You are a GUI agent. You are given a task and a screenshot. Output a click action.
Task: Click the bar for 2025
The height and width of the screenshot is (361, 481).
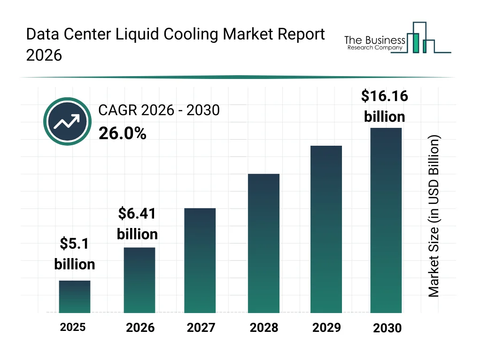click(x=75, y=297)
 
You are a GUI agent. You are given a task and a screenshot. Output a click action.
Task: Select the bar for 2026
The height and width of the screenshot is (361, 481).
click(x=140, y=280)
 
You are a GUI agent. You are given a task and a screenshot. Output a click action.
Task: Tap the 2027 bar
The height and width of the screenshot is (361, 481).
click(x=200, y=260)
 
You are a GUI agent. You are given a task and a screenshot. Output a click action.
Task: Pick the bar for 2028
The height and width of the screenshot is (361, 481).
click(x=264, y=243)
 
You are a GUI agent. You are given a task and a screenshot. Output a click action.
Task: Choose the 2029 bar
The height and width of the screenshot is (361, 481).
click(x=326, y=229)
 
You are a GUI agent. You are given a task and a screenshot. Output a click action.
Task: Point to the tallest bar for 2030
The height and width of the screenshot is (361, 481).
click(x=386, y=220)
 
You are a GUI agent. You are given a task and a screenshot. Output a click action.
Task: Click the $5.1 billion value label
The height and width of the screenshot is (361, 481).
click(x=75, y=254)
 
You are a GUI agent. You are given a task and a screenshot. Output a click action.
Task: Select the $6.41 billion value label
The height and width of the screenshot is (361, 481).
click(x=137, y=224)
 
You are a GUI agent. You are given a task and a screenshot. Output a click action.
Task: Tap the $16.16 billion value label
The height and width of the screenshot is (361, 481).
click(x=385, y=106)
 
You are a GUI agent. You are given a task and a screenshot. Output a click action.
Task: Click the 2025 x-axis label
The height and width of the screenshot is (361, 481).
click(x=73, y=327)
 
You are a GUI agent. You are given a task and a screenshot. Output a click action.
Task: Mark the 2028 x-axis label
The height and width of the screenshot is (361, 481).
click(x=264, y=328)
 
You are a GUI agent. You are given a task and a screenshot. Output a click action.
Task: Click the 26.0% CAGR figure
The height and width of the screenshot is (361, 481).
click(x=123, y=134)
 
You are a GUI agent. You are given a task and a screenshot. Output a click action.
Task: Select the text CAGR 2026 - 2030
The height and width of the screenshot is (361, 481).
click(x=159, y=110)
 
